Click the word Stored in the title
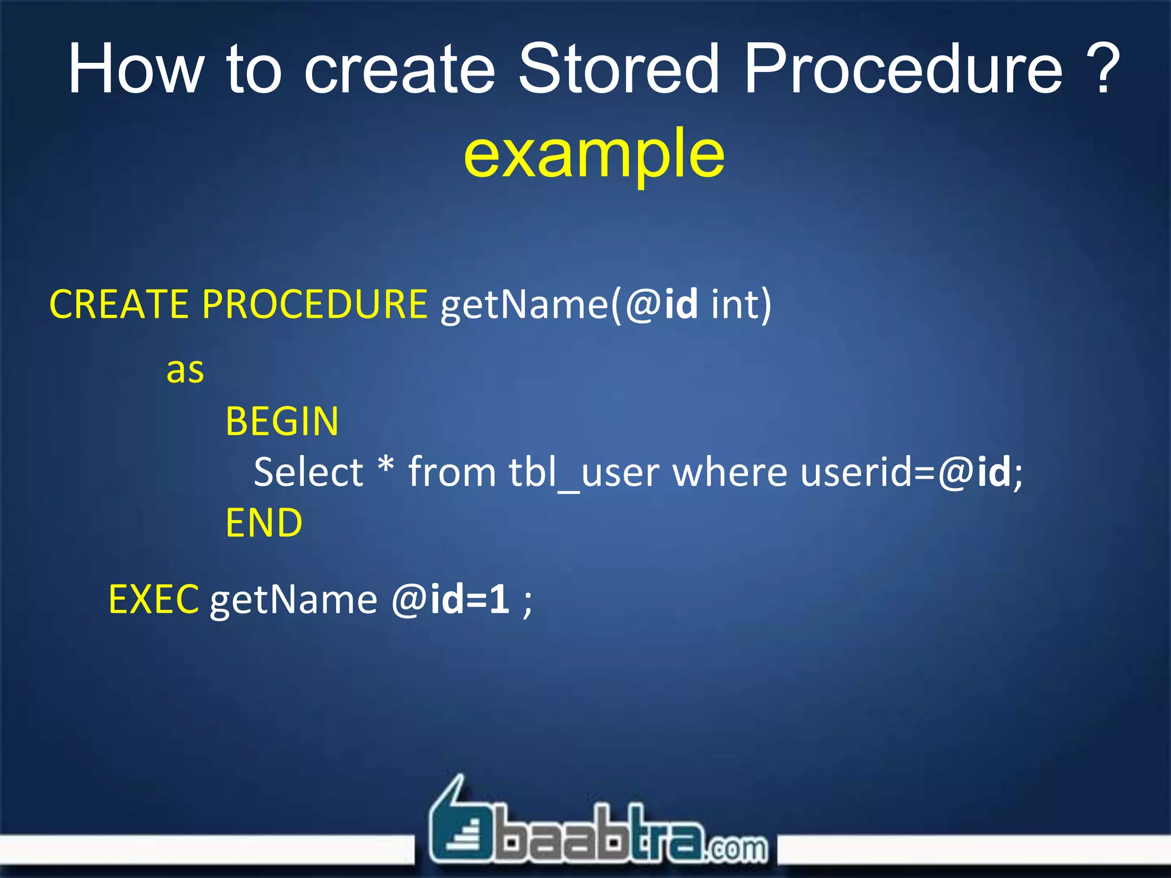pos(618,70)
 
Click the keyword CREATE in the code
pos(119,304)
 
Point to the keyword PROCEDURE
pos(314,304)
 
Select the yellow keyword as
pos(185,370)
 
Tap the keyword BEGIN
pos(282,422)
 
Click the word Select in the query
pos(308,473)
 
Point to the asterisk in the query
pos(386,466)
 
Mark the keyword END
pos(264,523)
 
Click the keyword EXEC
pos(154,600)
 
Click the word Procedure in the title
pos(903,70)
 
